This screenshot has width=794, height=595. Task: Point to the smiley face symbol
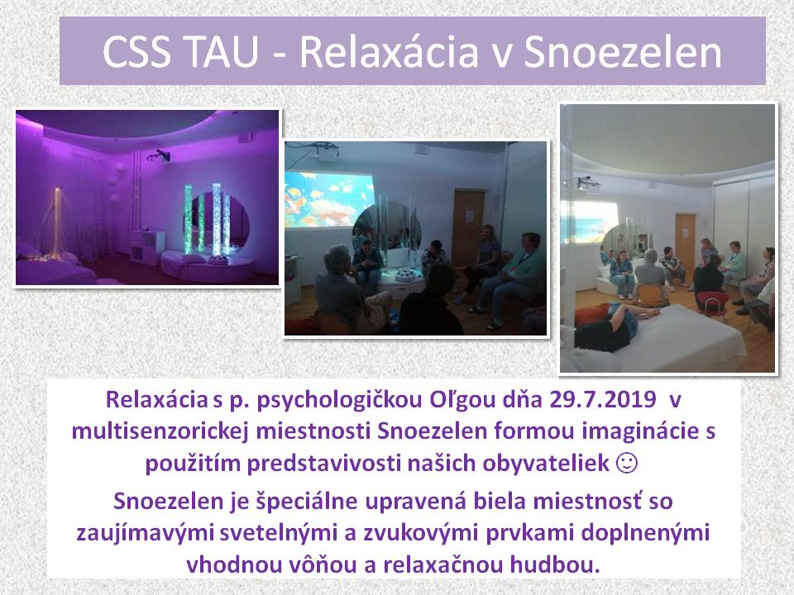coord(627,463)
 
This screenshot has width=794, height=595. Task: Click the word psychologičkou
coord(340,400)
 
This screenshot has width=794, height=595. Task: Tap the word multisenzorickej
coord(161,431)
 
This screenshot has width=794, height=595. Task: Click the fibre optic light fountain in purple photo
coord(56,225)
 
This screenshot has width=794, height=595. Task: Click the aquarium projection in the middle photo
coord(330,199)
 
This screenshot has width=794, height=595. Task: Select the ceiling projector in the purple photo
coord(159,155)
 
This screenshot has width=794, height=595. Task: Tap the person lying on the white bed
coord(613,326)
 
